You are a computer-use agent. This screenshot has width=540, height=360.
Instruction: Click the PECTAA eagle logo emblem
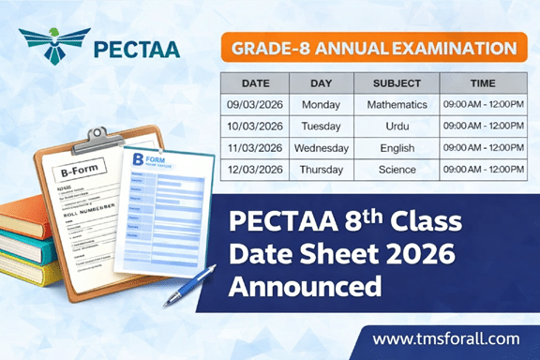[x=55, y=45]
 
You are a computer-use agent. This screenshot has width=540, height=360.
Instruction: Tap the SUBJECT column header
[x=397, y=82]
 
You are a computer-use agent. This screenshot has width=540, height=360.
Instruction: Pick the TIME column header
[x=483, y=82]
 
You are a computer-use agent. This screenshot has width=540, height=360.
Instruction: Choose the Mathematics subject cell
[x=397, y=103]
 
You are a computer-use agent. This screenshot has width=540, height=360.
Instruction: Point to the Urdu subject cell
[x=397, y=126]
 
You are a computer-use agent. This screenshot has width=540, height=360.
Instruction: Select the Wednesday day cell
[x=322, y=147]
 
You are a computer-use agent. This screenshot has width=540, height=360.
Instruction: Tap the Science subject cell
[x=397, y=170]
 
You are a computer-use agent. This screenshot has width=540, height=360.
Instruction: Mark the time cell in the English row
[x=483, y=147]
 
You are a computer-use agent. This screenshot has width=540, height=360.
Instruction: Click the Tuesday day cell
[x=322, y=126]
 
